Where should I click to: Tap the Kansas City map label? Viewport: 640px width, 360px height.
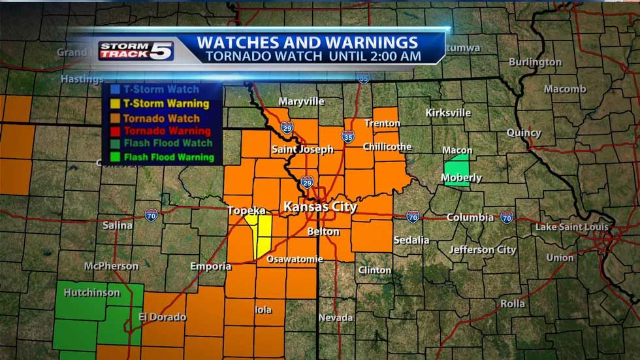click(320, 207)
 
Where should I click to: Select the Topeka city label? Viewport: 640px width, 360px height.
click(247, 210)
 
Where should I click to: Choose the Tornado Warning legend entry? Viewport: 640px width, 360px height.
click(167, 131)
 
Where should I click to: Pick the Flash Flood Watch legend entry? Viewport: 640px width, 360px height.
click(168, 144)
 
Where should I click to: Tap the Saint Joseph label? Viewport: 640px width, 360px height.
click(302, 149)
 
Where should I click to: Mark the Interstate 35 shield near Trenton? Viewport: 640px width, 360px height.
click(347, 136)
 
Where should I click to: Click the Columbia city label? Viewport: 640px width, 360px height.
click(470, 217)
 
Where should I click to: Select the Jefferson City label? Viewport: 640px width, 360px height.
click(483, 250)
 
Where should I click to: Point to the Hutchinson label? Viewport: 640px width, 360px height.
click(92, 293)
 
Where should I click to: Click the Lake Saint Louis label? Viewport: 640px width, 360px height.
click(571, 227)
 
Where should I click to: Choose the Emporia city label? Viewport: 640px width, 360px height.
click(210, 266)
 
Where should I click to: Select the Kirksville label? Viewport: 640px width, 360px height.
click(448, 112)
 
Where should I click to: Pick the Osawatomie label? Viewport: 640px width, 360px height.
click(295, 259)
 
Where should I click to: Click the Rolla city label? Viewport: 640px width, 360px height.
click(513, 303)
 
